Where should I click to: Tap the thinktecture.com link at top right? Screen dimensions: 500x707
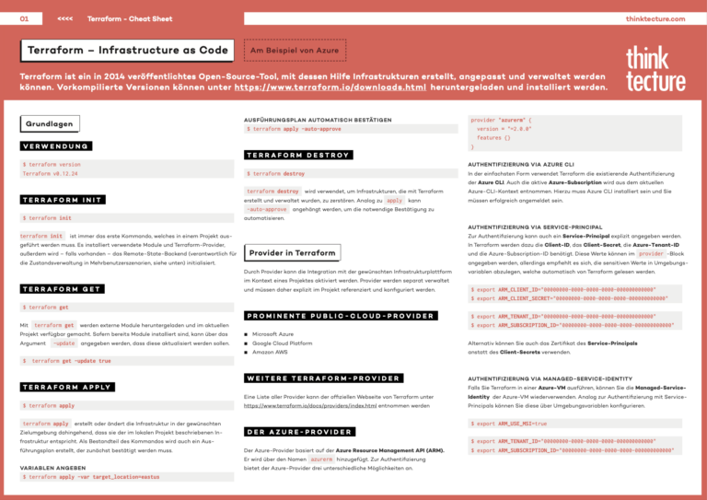pyautogui.click(x=655, y=18)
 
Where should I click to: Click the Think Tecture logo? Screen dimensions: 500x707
pyautogui.click(x=655, y=69)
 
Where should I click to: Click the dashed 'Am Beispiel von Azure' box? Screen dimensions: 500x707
pyautogui.click(x=294, y=49)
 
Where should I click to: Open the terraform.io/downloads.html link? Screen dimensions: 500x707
pyautogui.click(x=330, y=87)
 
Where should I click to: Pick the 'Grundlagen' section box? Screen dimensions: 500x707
pyautogui.click(x=50, y=123)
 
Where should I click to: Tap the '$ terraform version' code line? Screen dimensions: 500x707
pyautogui.click(x=52, y=165)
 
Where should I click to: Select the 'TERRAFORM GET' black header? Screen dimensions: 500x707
pyautogui.click(x=61, y=288)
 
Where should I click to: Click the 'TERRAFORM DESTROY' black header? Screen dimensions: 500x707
pyautogui.click(x=298, y=155)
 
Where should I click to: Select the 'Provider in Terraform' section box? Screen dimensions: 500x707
pyautogui.click(x=293, y=252)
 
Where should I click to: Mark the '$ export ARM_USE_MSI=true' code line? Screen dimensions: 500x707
pyautogui.click(x=509, y=424)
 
